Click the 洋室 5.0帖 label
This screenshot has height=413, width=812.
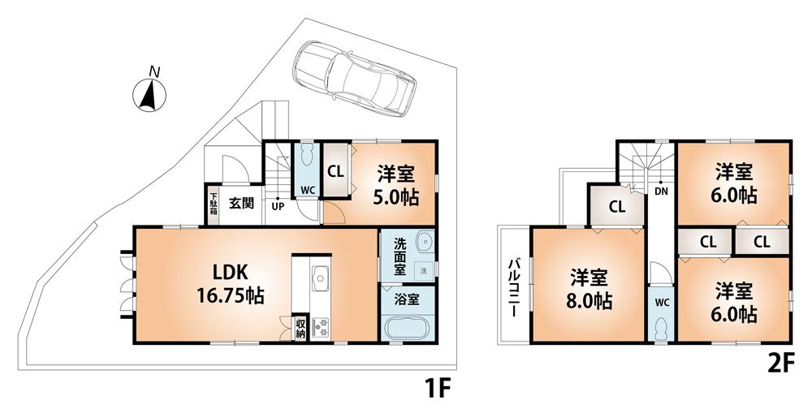pos(397,185)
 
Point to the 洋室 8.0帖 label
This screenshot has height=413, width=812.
pos(590,289)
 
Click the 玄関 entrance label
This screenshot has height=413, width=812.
pos(240,204)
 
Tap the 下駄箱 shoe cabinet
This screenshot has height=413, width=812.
pos(213,204)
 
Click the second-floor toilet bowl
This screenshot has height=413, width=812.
pos(662,327)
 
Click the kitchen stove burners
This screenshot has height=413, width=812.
pos(320,327)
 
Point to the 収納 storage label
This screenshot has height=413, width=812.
pos(300,327)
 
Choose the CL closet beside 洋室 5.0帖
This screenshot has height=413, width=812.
pos(335,171)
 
